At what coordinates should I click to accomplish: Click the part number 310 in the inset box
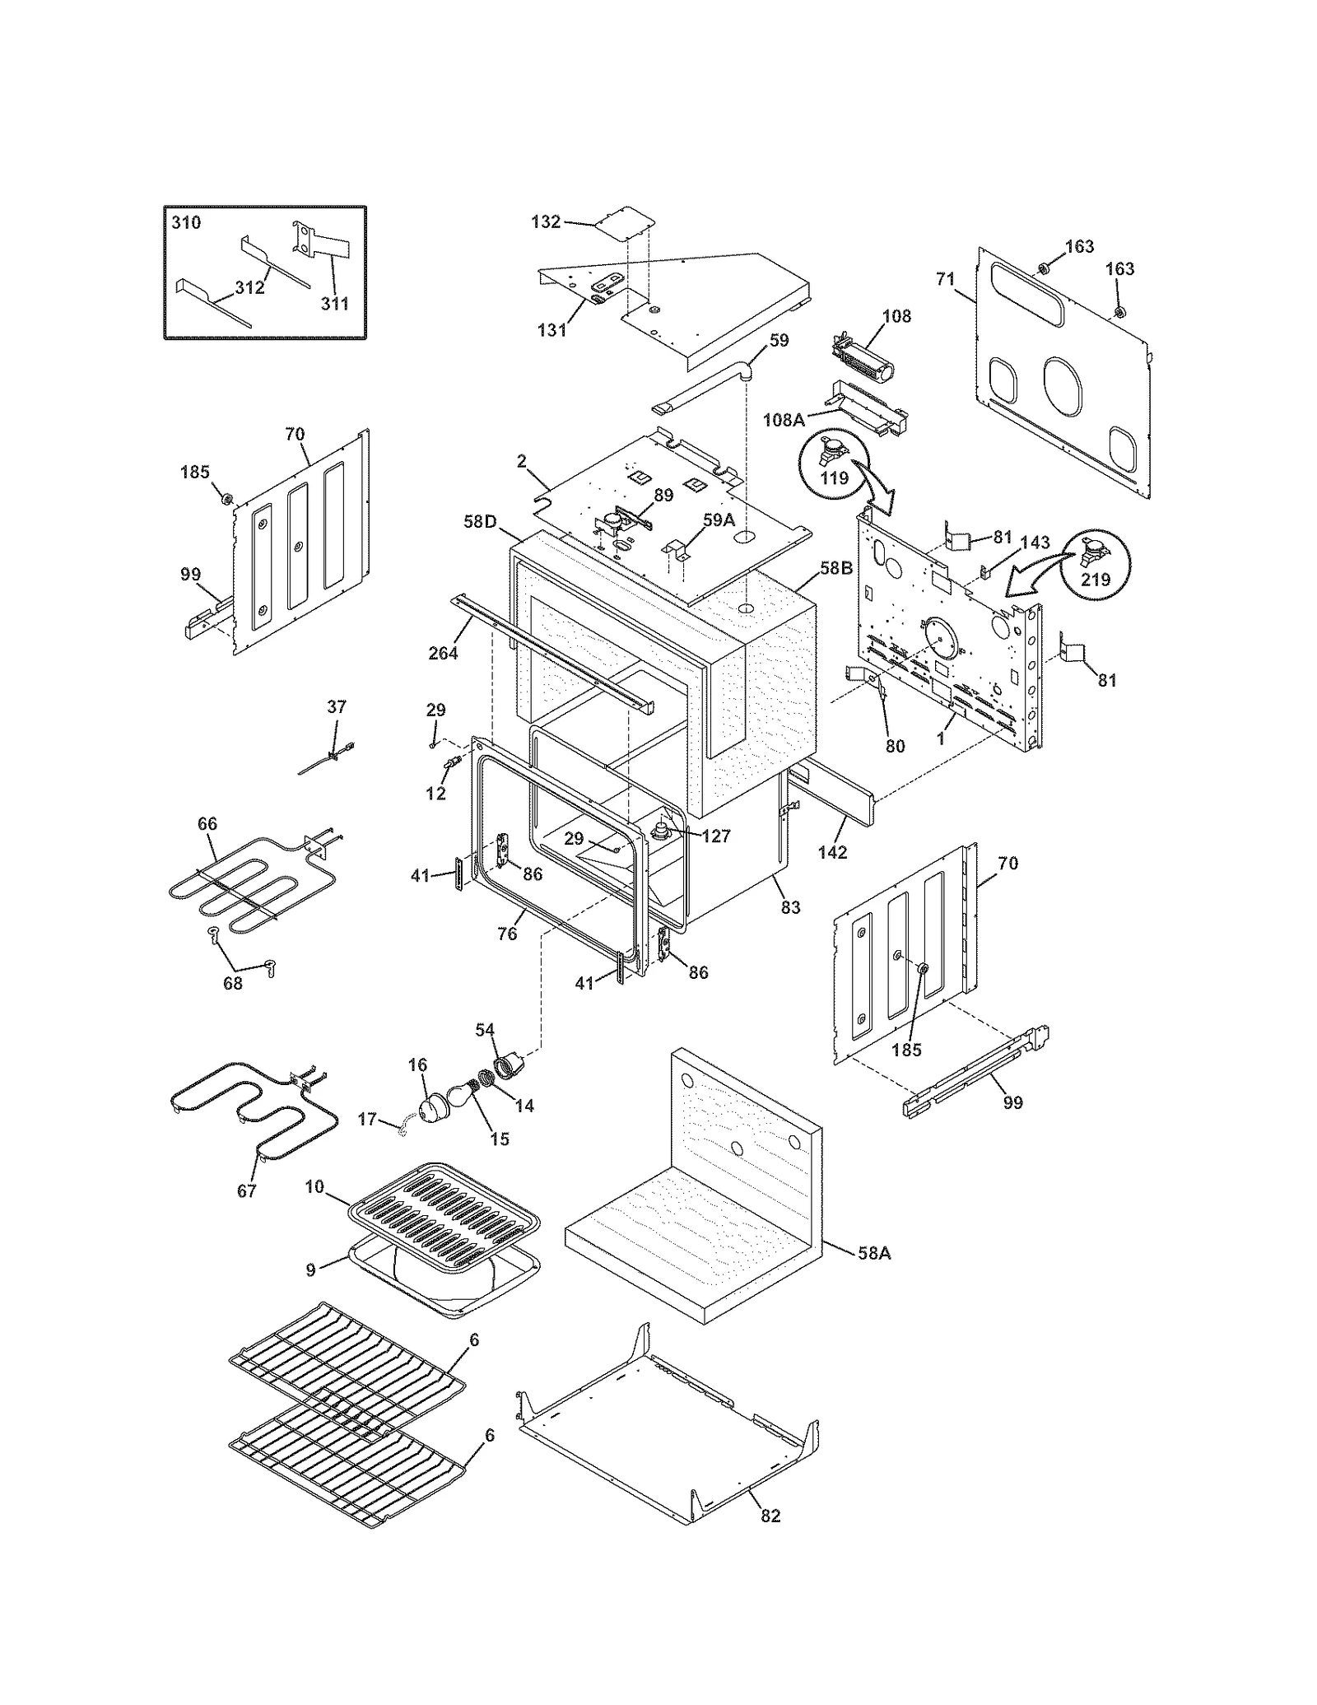click(186, 222)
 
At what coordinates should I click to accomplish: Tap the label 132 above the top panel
click(547, 221)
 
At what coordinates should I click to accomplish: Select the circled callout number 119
click(835, 477)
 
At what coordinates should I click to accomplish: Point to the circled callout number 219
click(1096, 579)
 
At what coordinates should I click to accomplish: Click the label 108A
click(783, 420)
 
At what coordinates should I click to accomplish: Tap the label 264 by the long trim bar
click(444, 653)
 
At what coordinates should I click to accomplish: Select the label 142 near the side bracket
click(832, 852)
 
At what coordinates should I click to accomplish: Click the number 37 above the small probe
click(337, 706)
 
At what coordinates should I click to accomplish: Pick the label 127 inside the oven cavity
click(716, 836)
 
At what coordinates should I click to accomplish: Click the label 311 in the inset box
click(334, 303)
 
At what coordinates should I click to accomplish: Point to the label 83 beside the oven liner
click(790, 907)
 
